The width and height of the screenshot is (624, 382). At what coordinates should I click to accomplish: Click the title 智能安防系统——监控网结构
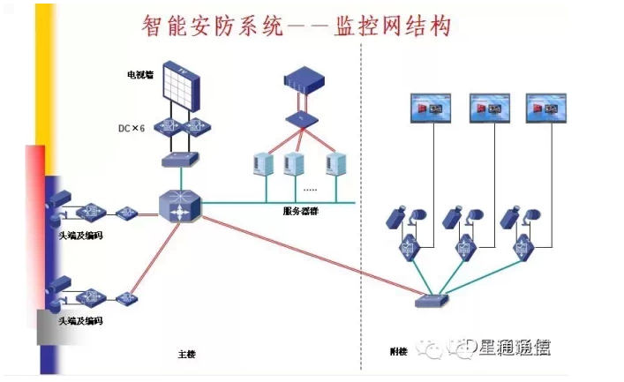pyautogui.click(x=297, y=26)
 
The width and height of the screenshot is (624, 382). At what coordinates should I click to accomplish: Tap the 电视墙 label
pyautogui.click(x=139, y=75)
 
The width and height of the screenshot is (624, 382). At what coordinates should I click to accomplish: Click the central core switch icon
pyautogui.click(x=181, y=206)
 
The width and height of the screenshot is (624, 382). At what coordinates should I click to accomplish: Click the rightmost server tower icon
pyautogui.click(x=336, y=164)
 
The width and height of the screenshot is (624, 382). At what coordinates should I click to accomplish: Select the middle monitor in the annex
pyautogui.click(x=490, y=108)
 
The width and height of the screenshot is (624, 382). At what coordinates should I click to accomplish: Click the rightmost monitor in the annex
pyautogui.click(x=545, y=108)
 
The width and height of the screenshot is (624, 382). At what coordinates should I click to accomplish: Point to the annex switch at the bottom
pyautogui.click(x=432, y=301)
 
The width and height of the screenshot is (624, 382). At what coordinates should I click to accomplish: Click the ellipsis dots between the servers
pyautogui.click(x=311, y=190)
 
